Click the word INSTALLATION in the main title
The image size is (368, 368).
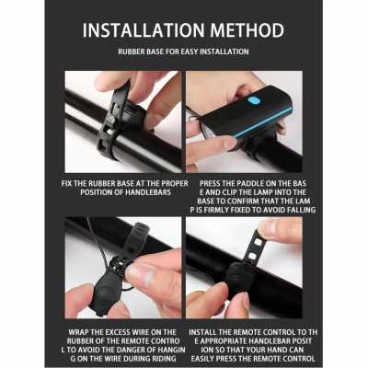tap(144, 30)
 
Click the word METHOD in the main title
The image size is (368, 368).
tap(247, 30)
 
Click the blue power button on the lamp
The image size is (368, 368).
tap(253, 100)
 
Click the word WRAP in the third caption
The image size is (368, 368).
tap(79, 332)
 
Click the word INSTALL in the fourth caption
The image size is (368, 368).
tap(203, 332)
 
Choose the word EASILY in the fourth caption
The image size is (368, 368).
tap(202, 359)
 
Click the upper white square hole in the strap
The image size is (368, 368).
tap(259, 243)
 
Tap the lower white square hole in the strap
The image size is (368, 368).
tap(252, 256)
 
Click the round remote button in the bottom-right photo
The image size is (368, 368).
tap(241, 275)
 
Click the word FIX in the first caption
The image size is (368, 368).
tap(67, 184)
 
